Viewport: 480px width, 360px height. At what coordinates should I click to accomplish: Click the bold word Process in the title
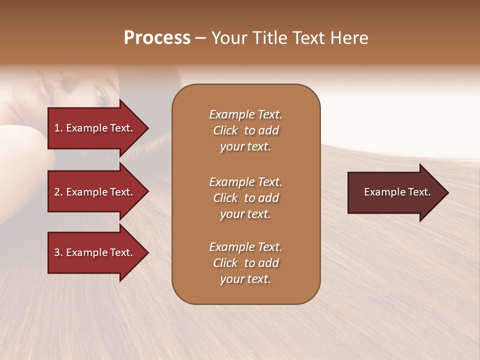pyautogui.click(x=157, y=38)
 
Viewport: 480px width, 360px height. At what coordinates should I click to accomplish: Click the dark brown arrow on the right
pyautogui.click(x=395, y=192)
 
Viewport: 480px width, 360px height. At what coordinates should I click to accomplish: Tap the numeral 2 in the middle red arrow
pyautogui.click(x=57, y=192)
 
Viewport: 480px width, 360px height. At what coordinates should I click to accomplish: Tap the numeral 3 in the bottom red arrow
pyautogui.click(x=57, y=252)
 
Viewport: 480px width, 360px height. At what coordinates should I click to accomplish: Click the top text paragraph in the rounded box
pyautogui.click(x=245, y=130)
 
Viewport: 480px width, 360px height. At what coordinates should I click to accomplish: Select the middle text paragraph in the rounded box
pyautogui.click(x=245, y=198)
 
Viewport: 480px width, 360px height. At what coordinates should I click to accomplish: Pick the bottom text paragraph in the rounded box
pyautogui.click(x=245, y=263)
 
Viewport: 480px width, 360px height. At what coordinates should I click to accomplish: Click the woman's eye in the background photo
pyautogui.click(x=101, y=97)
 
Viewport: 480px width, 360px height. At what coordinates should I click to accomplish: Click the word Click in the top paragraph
pyautogui.click(x=225, y=130)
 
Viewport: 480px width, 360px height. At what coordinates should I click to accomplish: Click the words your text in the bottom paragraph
pyautogui.click(x=245, y=279)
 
